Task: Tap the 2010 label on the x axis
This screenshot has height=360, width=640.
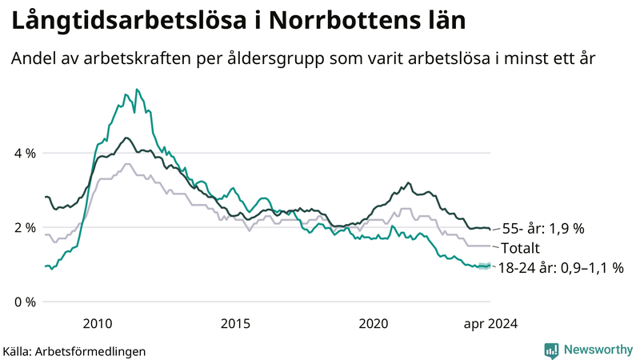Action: pyautogui.click(x=98, y=323)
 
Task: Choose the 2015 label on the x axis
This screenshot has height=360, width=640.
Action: pyautogui.click(x=235, y=323)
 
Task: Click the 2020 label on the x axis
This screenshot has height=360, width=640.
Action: pyautogui.click(x=373, y=323)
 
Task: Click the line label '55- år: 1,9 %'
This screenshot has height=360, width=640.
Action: pyautogui.click(x=543, y=229)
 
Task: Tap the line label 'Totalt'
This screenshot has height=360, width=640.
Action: pyautogui.click(x=522, y=248)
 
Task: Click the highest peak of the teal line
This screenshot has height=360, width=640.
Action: pyautogui.click(x=137, y=90)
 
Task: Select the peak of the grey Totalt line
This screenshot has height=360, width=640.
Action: pyautogui.click(x=126, y=164)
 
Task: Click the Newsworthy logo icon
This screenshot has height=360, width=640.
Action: pyautogui.click(x=551, y=350)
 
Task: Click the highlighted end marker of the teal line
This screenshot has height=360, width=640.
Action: pyautogui.click(x=483, y=266)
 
